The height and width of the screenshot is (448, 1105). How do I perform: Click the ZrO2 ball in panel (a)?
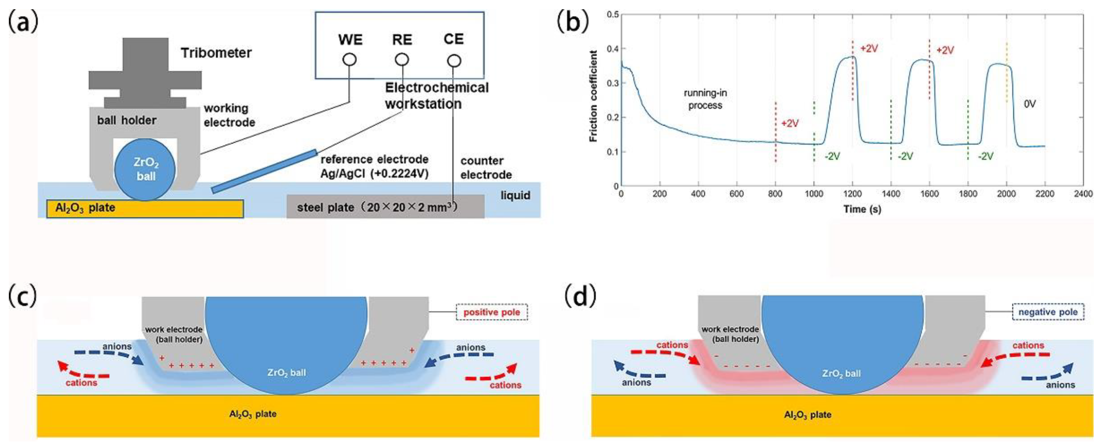(x=145, y=169)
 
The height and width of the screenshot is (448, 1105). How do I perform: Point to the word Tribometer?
(x=216, y=53)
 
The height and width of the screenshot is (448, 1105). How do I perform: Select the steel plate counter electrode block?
(x=385, y=207)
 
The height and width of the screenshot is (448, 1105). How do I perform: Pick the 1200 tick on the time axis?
(x=852, y=194)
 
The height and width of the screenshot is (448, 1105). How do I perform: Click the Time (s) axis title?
(x=862, y=210)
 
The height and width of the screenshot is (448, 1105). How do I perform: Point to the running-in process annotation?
(x=705, y=99)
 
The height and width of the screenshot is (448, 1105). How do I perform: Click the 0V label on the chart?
(x=1030, y=104)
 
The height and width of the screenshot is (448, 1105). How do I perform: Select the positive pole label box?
(x=491, y=312)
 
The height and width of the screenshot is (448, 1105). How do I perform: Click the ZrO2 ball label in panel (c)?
(x=286, y=373)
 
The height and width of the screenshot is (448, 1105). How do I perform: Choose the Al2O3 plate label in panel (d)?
(x=807, y=415)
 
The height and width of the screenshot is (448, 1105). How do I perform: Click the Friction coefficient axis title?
(x=593, y=96)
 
